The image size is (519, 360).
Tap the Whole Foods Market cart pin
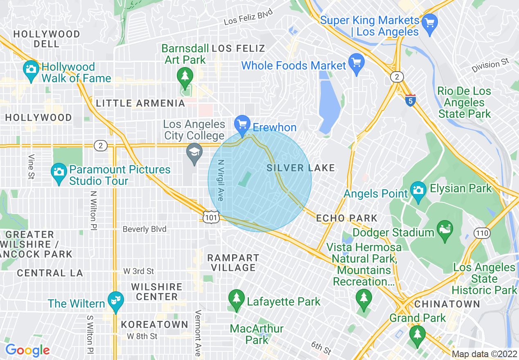[356, 63]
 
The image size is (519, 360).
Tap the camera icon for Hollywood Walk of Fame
[31, 69]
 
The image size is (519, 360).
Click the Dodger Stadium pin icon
[445, 229]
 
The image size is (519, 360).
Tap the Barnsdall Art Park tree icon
[185, 76]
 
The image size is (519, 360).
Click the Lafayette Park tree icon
[236, 299]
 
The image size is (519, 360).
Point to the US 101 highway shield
[211, 217]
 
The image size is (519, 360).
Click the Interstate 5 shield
[411, 99]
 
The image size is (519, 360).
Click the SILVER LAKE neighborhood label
[301, 168]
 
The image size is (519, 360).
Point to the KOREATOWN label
[154, 324]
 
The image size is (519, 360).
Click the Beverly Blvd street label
[144, 229]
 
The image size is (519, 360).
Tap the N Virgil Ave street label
[221, 180]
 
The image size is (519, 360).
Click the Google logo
[27, 350]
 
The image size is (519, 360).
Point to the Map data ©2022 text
[484, 354]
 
